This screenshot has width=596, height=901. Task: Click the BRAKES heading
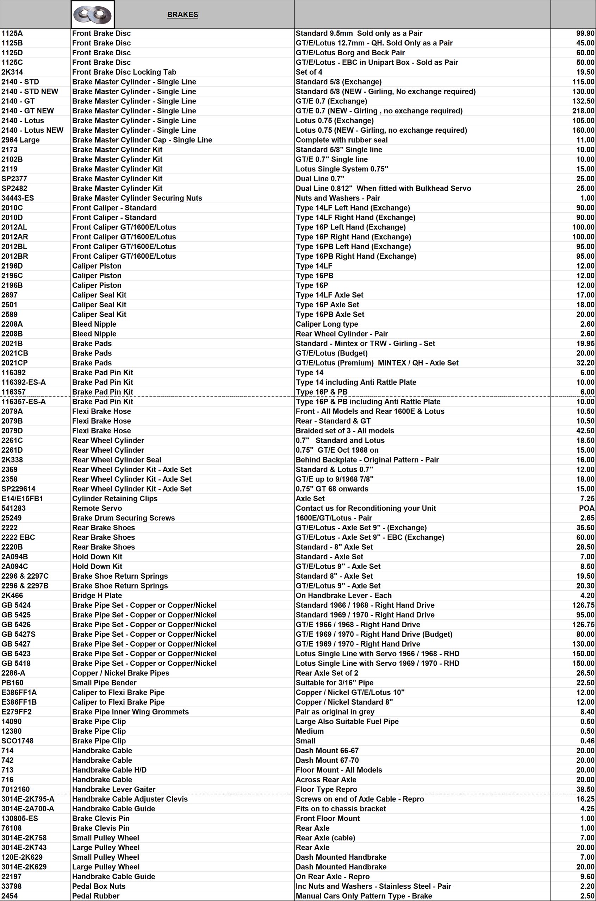(182, 15)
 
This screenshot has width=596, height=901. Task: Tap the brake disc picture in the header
(92, 15)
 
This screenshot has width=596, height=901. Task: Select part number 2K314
(12, 72)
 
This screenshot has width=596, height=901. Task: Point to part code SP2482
(14, 188)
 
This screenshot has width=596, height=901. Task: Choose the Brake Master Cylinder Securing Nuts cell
(137, 198)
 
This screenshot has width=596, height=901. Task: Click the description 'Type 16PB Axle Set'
(330, 314)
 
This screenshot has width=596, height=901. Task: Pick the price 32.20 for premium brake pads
(585, 363)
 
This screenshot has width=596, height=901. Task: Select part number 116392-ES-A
(24, 382)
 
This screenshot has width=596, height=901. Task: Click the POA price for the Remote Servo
(586, 508)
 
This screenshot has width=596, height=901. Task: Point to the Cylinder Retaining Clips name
(114, 498)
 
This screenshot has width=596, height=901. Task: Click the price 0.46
(587, 741)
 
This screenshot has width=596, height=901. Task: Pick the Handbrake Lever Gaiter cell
(114, 789)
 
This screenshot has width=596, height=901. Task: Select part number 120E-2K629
(22, 857)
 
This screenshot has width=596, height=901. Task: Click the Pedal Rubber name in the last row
(96, 896)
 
